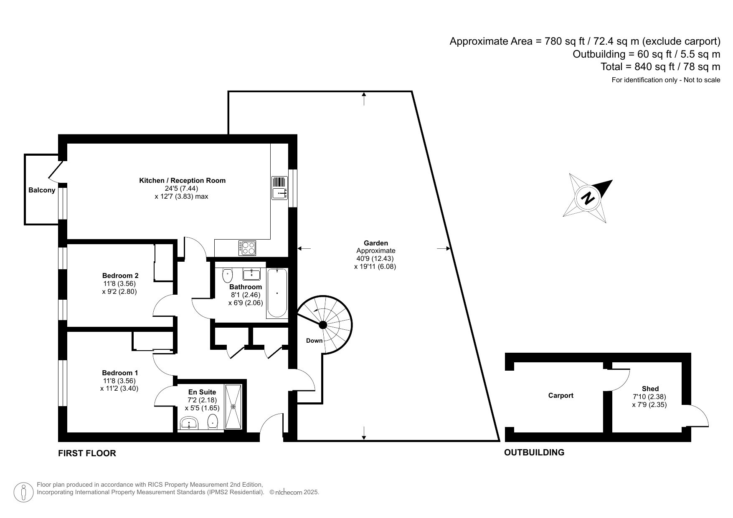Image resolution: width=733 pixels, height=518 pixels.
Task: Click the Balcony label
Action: pyautogui.click(x=42, y=190)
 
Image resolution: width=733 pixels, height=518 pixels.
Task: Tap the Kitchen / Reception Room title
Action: pyautogui.click(x=182, y=181)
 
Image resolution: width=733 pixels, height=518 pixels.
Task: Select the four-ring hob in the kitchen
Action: pyautogui.click(x=247, y=248)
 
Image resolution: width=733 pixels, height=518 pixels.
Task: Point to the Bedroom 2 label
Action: pyautogui.click(x=120, y=275)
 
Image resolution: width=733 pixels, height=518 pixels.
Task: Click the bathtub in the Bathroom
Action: pyautogui.click(x=277, y=293)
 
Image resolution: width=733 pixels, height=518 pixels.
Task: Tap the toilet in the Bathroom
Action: pyautogui.click(x=227, y=275)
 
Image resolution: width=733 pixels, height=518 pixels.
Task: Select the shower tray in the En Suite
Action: pyautogui.click(x=233, y=407)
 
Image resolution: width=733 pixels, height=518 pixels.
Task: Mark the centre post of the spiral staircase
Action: pyautogui.click(x=323, y=325)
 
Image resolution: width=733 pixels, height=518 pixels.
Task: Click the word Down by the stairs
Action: pyautogui.click(x=314, y=341)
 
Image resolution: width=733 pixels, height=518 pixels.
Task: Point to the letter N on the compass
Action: pyautogui.click(x=588, y=197)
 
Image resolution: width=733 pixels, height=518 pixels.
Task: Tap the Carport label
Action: pyautogui.click(x=561, y=396)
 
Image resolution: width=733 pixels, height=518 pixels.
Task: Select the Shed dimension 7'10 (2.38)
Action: pyautogui.click(x=649, y=397)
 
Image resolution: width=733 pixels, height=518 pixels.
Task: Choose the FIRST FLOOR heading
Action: pyautogui.click(x=87, y=453)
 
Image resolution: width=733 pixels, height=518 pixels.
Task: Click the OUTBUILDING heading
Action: pyautogui.click(x=534, y=452)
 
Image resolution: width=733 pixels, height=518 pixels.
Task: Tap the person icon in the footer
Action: pyautogui.click(x=24, y=493)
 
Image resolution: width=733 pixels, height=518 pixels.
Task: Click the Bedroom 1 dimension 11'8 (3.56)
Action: pyautogui.click(x=119, y=381)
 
